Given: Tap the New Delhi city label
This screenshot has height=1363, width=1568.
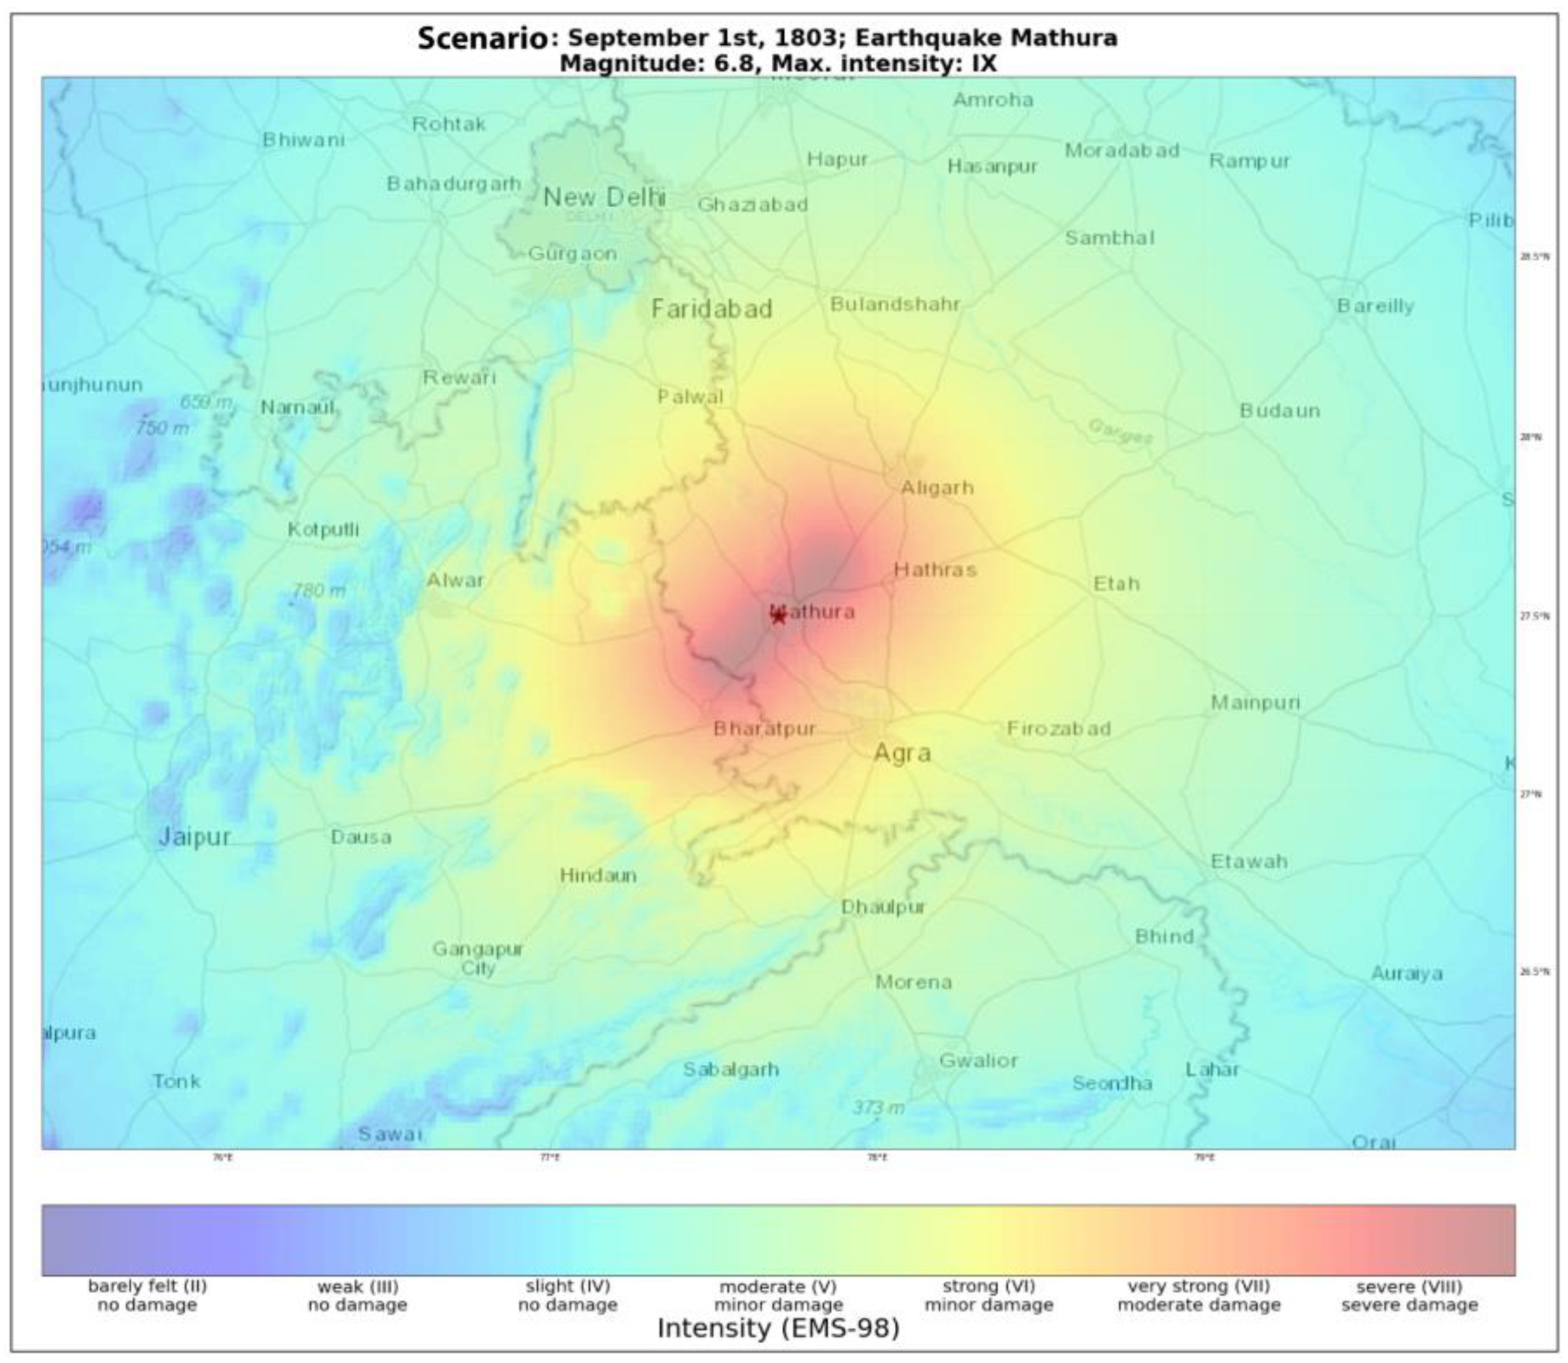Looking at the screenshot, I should [x=604, y=198].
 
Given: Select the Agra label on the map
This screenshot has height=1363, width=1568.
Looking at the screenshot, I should [x=903, y=753].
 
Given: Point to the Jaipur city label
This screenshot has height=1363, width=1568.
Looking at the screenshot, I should [x=194, y=837].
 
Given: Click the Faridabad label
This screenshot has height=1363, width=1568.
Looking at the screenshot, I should [x=712, y=309].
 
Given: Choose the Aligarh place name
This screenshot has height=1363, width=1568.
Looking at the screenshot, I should [x=937, y=488].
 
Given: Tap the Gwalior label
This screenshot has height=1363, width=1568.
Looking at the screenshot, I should [x=978, y=1061].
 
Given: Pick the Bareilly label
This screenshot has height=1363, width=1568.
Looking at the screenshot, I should [x=1376, y=306].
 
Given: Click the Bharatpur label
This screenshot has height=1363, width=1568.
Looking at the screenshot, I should [x=764, y=729].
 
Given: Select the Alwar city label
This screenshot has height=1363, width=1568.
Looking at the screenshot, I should [x=455, y=581].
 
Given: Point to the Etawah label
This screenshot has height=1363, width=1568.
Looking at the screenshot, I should [x=1249, y=861].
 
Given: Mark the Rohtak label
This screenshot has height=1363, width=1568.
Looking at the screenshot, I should [x=448, y=124].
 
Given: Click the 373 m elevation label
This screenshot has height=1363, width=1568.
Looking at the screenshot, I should [x=878, y=1107].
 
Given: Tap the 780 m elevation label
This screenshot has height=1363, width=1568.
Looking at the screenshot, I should [x=319, y=590].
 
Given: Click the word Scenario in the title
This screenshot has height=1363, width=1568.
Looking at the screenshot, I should [x=482, y=38].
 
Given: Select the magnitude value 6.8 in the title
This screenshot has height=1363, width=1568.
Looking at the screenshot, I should [x=734, y=63].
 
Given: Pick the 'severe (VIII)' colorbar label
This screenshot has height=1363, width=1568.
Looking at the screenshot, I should [x=1409, y=1287].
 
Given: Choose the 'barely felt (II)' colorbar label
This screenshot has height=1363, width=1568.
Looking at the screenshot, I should [x=147, y=1286].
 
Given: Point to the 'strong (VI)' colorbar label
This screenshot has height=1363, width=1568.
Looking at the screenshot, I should [x=988, y=1287].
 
